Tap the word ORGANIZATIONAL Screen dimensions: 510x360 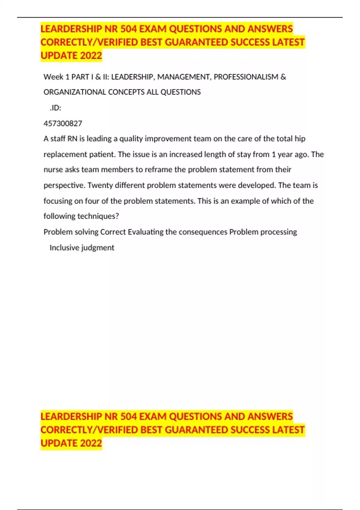click(x=75, y=92)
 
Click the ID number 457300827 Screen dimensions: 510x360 click(x=63, y=123)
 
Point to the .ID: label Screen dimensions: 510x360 click(x=55, y=108)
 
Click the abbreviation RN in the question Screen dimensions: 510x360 click(x=72, y=139)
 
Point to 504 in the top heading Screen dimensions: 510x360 click(x=128, y=29)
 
